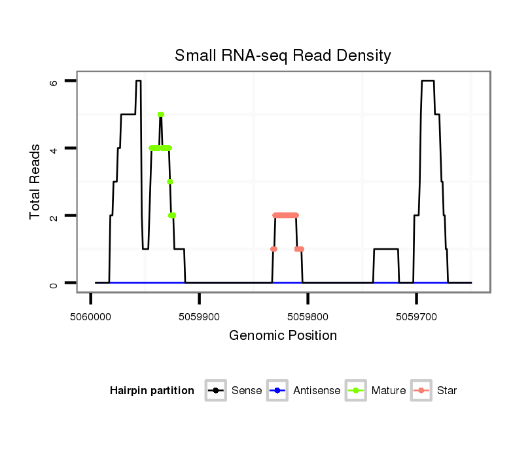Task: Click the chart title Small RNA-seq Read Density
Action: coord(283,56)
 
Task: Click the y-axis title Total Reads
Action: coord(35,182)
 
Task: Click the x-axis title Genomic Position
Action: coord(283,336)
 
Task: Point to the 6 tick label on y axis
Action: coord(54,81)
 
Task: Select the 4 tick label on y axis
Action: coord(54,148)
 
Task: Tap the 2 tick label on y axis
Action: coord(54,216)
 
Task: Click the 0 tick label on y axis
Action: coord(54,283)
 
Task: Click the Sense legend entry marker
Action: coord(216,391)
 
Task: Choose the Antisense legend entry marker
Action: coord(277,391)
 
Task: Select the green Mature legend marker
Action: coord(356,391)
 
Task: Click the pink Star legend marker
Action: coord(421,391)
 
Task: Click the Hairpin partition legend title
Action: coord(152,391)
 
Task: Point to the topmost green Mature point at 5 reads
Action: coord(160,114)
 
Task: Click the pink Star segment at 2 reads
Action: coord(285,215)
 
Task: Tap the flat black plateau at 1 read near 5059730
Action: coord(386,249)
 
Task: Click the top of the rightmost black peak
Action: coord(428,81)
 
